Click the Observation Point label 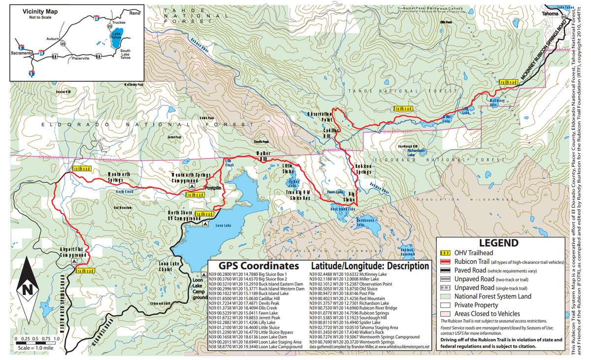click(321, 116)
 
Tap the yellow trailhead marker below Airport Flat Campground click(85, 271)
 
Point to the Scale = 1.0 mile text click(34, 347)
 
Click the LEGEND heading click(498, 243)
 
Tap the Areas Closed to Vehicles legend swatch click(446, 313)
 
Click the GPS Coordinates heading click(254, 265)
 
